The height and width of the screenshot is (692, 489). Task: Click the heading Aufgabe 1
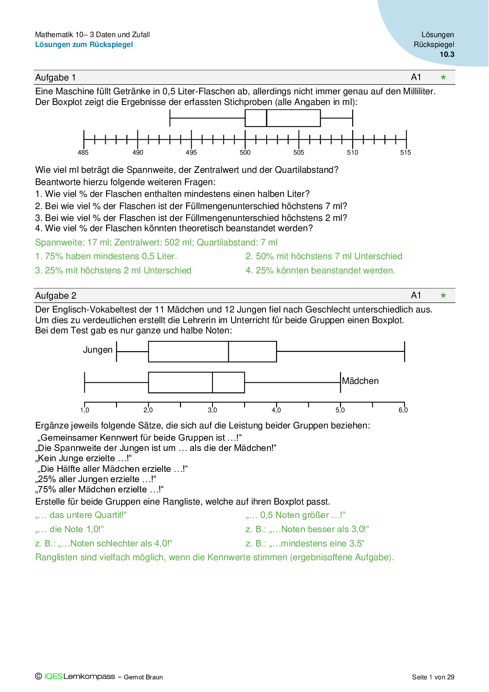click(x=55, y=78)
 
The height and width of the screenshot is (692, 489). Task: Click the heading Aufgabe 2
click(x=56, y=296)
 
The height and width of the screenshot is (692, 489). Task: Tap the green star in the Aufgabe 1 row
click(x=443, y=77)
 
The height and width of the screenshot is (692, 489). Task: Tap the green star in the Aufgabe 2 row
click(x=443, y=296)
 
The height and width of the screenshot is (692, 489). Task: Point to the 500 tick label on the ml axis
click(x=245, y=153)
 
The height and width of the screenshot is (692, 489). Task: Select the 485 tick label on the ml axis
click(x=83, y=153)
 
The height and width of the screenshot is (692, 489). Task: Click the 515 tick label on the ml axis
click(x=405, y=153)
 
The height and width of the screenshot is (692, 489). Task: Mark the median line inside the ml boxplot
click(x=267, y=118)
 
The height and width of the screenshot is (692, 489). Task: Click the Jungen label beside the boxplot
click(x=98, y=350)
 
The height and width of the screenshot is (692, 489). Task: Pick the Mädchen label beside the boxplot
click(x=360, y=381)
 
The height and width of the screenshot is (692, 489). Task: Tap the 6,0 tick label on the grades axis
click(x=403, y=410)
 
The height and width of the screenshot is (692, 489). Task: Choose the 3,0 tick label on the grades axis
click(x=212, y=410)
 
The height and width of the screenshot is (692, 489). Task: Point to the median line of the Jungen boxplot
click(x=229, y=352)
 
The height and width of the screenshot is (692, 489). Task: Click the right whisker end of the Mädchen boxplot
click(x=340, y=382)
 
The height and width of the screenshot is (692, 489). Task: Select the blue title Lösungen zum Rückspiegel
click(x=84, y=45)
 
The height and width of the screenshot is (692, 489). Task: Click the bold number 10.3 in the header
click(x=447, y=54)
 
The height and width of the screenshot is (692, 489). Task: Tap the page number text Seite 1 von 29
click(x=433, y=677)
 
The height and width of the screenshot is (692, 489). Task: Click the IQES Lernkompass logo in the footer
click(x=75, y=677)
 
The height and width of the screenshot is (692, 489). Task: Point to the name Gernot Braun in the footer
click(x=143, y=677)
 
